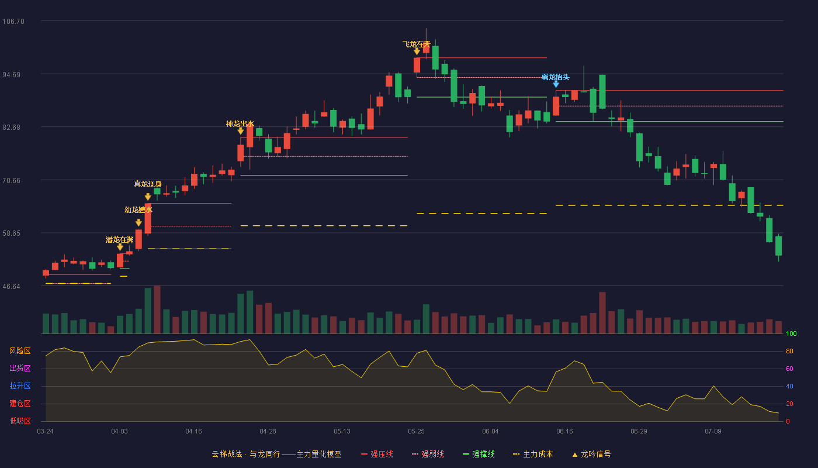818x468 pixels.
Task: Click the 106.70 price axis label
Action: coord(13,22)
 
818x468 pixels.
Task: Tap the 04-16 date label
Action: coord(193,432)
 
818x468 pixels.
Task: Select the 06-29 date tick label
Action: coord(639,432)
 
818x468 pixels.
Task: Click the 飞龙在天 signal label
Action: coord(416,44)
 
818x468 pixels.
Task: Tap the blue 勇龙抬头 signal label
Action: coord(556,77)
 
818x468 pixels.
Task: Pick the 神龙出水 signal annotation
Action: coord(240,124)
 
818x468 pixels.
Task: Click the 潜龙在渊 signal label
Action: coord(119,240)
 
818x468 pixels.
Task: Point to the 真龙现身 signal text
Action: coord(147,184)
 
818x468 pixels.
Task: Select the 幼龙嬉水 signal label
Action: coord(138,210)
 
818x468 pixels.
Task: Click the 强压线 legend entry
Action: coord(377,454)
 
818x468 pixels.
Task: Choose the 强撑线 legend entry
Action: coord(479,454)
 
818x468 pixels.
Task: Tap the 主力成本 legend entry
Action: coord(533,454)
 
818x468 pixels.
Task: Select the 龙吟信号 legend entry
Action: coord(591,454)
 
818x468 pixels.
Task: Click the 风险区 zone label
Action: coord(20,351)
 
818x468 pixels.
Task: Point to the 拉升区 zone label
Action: coord(20,386)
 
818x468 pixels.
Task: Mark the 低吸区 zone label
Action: coord(20,421)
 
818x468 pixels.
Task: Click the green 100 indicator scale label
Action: coord(791,333)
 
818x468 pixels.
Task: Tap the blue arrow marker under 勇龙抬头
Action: coord(556,84)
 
